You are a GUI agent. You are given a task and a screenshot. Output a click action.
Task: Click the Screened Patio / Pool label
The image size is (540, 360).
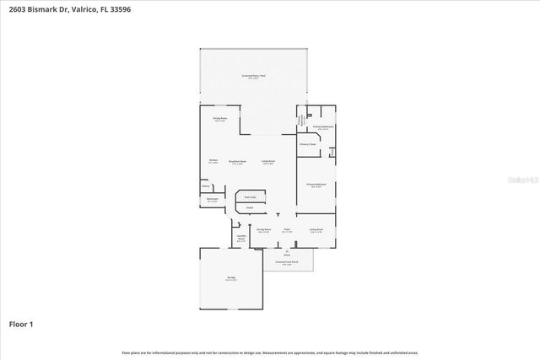tap(254, 76)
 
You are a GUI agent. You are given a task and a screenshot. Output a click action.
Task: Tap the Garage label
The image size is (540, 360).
tap(231, 278)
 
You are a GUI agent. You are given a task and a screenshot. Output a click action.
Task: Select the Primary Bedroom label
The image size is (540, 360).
tap(316, 185)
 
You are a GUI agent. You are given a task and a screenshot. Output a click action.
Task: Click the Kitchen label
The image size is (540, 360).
tap(213, 161)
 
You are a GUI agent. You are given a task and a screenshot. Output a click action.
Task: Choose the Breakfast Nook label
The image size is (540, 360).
tap(238, 161)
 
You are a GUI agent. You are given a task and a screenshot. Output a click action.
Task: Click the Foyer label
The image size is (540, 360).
tap(287, 229)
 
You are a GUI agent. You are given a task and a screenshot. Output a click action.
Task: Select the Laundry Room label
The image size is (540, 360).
tap(241, 239)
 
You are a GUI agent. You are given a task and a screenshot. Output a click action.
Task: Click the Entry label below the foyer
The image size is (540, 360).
tap(287, 253)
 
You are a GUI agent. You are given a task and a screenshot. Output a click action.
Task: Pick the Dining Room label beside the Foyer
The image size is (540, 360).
tap(263, 229)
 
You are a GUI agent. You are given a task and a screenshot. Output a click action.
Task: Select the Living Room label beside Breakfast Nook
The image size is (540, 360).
tap(268, 161)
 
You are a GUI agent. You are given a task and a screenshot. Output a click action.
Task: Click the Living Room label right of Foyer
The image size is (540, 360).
tap(316, 229)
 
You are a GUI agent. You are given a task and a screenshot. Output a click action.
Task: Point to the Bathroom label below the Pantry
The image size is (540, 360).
tap(213, 200)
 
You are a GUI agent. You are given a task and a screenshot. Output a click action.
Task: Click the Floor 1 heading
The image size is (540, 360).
tap(21, 324)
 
